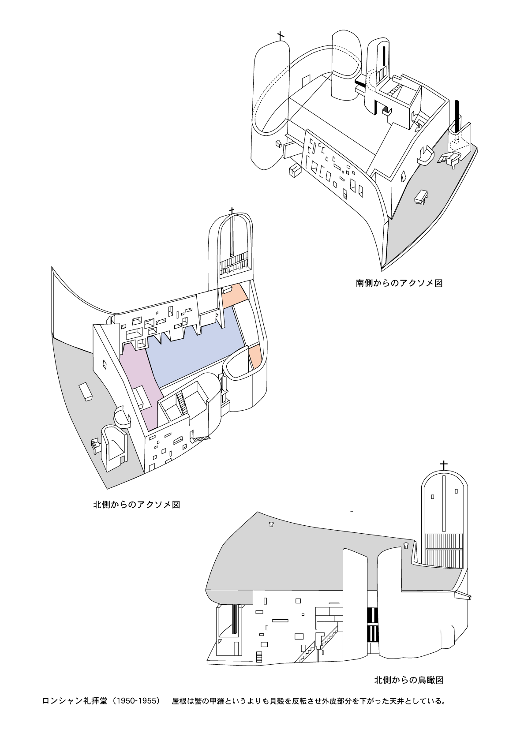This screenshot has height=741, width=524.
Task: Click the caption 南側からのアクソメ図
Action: click(x=399, y=283)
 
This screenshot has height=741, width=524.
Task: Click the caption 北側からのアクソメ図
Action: click(x=136, y=505)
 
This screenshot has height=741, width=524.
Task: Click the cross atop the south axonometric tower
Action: click(x=280, y=36)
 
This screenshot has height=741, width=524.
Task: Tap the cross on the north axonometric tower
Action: click(x=232, y=211)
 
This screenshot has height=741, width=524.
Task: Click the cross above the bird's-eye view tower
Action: click(x=444, y=465)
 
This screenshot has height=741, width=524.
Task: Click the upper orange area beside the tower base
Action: click(x=232, y=295)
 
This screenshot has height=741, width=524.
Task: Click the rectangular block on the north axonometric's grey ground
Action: click(x=86, y=392)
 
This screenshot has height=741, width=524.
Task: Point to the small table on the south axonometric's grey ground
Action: click(x=422, y=196)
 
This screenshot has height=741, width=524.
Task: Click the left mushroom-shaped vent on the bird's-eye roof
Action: click(x=271, y=524)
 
